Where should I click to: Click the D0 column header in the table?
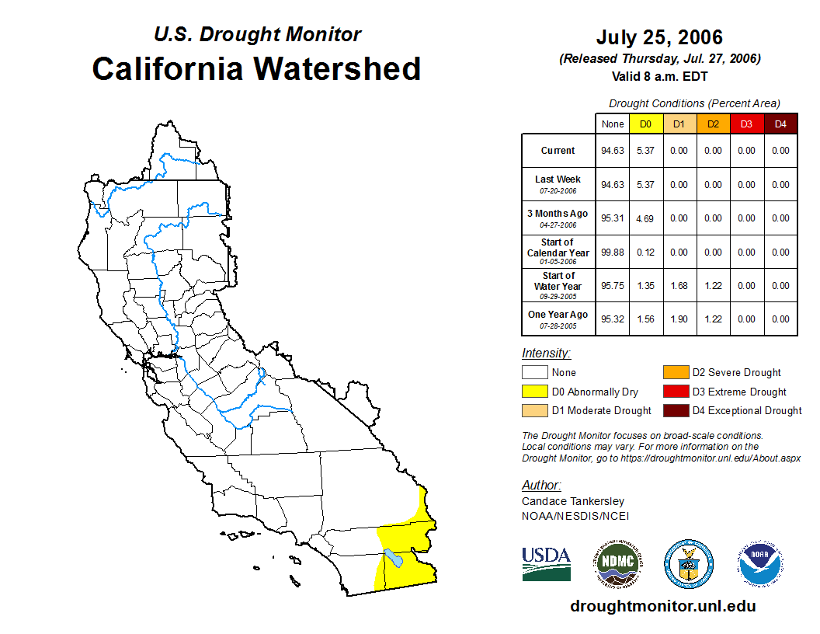click(x=645, y=124)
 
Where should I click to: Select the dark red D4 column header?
click(x=780, y=124)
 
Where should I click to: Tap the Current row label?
click(x=558, y=151)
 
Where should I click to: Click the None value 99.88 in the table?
click(x=613, y=253)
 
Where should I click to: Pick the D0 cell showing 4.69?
click(x=645, y=218)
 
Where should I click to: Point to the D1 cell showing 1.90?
click(x=679, y=319)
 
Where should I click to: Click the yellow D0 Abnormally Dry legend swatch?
click(x=534, y=392)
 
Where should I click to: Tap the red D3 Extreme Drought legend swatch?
click(x=676, y=392)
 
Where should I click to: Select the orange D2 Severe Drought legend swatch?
click(x=676, y=373)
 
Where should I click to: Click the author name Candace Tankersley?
click(x=572, y=501)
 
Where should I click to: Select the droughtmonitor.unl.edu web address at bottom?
click(x=662, y=606)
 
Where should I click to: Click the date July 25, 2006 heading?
click(x=659, y=37)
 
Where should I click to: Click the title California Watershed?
click(x=256, y=69)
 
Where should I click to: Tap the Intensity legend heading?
click(x=546, y=354)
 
